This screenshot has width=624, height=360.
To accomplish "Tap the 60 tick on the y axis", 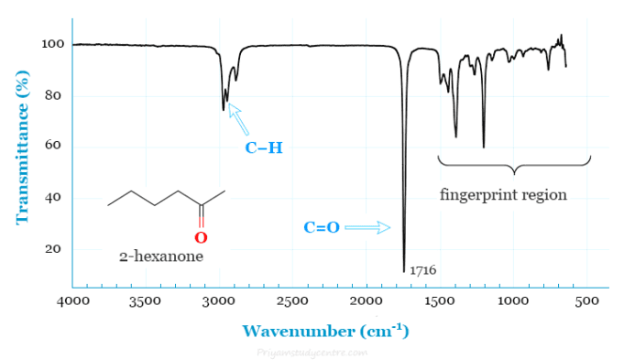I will pyautogui.click(x=53, y=147).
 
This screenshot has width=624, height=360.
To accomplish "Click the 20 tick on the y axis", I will pyautogui.click(x=53, y=249).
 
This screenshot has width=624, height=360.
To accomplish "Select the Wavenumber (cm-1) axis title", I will pyautogui.click(x=325, y=330).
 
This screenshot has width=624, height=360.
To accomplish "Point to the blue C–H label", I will pyautogui.click(x=263, y=147).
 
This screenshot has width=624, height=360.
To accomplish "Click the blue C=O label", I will pyautogui.click(x=322, y=227).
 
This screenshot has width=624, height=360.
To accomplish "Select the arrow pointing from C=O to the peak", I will pyautogui.click(x=368, y=227).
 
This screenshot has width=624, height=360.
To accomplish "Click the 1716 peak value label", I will pyautogui.click(x=422, y=271).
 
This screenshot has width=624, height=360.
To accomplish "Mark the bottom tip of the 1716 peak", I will pyautogui.click(x=404, y=271).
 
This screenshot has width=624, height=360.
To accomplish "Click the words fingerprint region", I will pyautogui.click(x=503, y=195).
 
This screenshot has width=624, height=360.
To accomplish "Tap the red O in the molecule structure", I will pyautogui.click(x=202, y=237).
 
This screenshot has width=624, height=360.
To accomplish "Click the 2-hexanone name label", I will pyautogui.click(x=160, y=257).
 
